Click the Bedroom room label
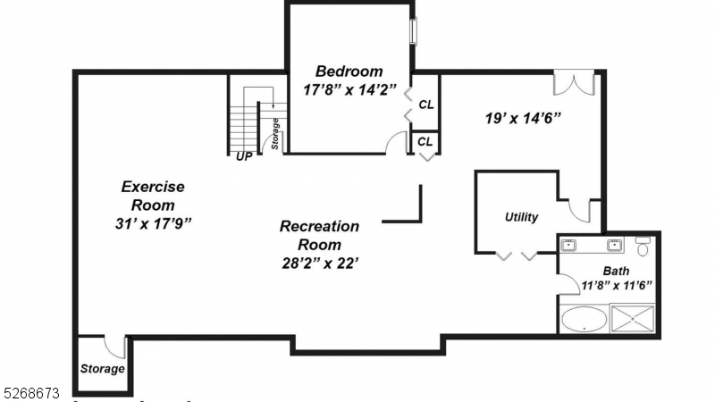(x=349, y=71)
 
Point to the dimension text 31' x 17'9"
(x=153, y=222)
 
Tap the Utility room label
(x=521, y=217)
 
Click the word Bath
(x=616, y=272)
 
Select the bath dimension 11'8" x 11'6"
(x=616, y=286)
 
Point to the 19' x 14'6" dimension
(x=523, y=117)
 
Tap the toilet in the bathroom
(x=643, y=246)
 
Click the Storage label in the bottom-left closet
(x=102, y=369)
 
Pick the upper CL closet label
(x=426, y=105)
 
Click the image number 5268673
(x=31, y=392)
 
